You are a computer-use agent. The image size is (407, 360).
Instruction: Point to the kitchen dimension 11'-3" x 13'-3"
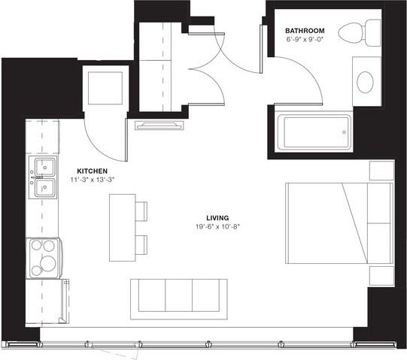point(92,180)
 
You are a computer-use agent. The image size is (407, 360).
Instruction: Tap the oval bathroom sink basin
point(366,81)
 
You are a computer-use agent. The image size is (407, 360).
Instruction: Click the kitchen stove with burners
point(43,257)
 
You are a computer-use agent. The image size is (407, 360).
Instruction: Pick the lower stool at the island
point(141,244)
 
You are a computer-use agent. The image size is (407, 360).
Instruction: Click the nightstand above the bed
point(381,171)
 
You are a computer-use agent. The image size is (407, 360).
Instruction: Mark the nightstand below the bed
point(381,275)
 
